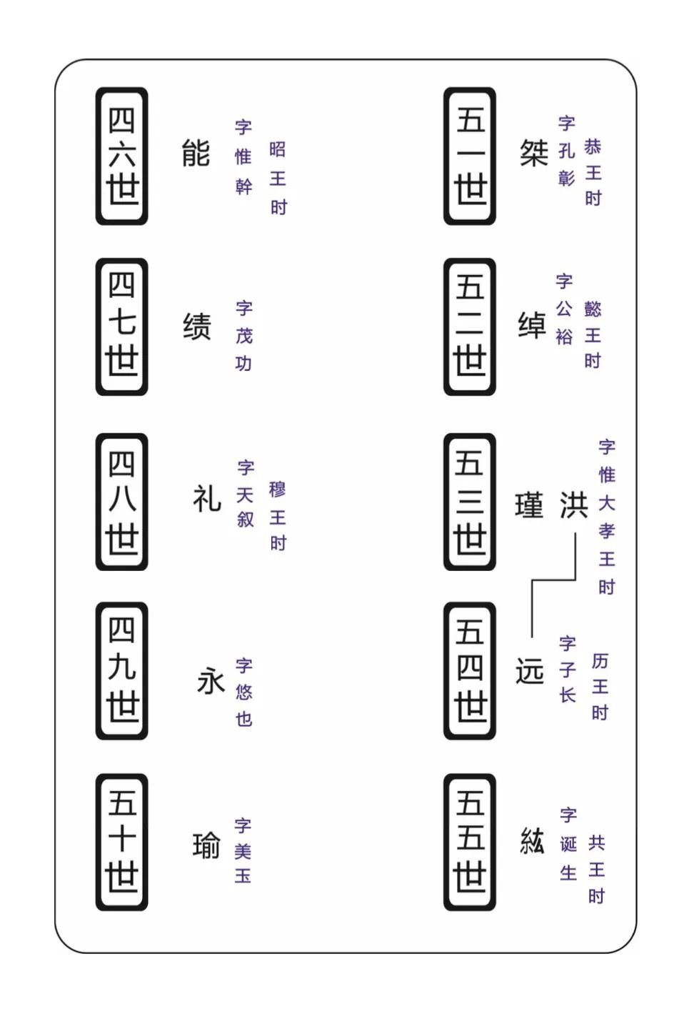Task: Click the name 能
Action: [196, 153]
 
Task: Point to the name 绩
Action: [196, 326]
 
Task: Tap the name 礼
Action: [206, 499]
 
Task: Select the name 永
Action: [211, 680]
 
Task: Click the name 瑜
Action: [206, 845]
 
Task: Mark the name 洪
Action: [574, 505]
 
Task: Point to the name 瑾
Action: [529, 505]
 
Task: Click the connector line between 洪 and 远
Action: [553, 580]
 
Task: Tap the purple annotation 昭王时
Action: [278, 179]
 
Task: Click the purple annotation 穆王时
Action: [278, 516]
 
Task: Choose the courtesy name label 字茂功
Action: [244, 336]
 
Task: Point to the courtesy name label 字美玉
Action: [243, 851]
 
